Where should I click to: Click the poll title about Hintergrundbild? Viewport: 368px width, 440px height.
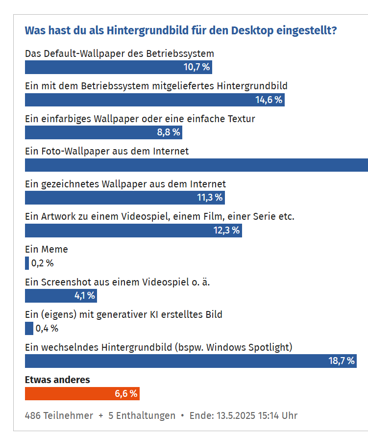(x=180, y=30)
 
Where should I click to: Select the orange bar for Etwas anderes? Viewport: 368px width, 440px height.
(x=82, y=393)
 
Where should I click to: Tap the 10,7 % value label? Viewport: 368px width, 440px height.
(x=196, y=67)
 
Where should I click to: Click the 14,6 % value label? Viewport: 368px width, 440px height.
(x=269, y=100)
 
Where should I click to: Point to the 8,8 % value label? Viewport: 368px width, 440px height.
(x=169, y=132)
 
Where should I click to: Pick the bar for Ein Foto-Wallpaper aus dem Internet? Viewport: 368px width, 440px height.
(x=196, y=165)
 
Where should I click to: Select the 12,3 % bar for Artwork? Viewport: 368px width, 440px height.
(x=133, y=231)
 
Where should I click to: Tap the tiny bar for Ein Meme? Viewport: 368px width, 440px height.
(x=27, y=263)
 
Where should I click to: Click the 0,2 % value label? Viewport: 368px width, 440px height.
(x=42, y=263)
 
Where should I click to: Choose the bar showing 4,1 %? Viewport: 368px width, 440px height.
(x=61, y=296)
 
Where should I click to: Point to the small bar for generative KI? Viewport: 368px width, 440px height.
(x=29, y=328)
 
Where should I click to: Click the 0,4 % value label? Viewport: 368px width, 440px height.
(x=47, y=328)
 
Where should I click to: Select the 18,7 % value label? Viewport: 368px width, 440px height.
(x=341, y=361)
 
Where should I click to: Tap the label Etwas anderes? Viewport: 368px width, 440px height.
(x=57, y=380)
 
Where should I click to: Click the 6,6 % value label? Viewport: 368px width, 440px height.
(x=126, y=393)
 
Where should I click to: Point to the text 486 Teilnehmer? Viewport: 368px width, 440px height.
(x=59, y=415)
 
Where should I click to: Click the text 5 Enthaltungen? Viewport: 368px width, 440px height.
(x=142, y=415)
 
